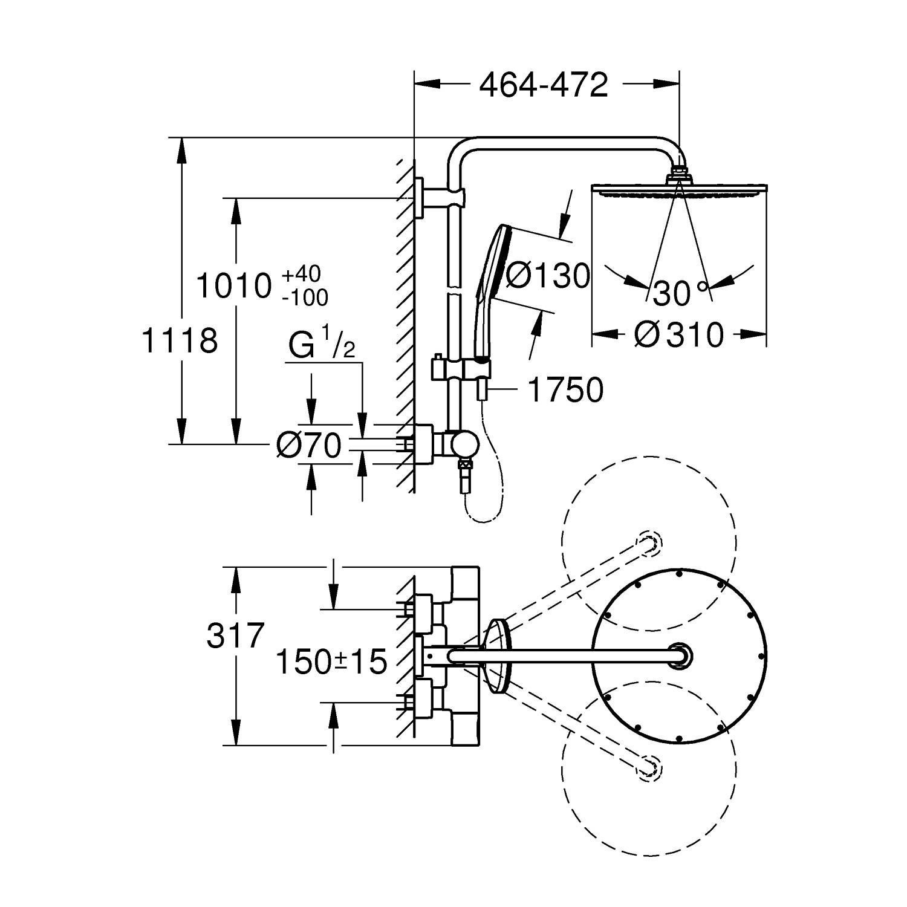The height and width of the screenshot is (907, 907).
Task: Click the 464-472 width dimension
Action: (x=543, y=85)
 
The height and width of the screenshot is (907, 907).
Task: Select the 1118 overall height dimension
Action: (x=179, y=340)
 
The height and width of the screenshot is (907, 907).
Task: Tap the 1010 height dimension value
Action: (x=233, y=286)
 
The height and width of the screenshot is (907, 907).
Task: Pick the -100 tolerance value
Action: (x=305, y=297)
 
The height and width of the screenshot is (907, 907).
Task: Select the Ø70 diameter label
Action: (x=308, y=446)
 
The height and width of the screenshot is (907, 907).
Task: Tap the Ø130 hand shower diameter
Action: (x=547, y=276)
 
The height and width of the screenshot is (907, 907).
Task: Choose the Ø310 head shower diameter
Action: (x=678, y=334)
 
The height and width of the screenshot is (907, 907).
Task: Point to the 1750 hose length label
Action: (x=565, y=390)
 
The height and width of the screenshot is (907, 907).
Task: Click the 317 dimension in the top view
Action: (x=236, y=636)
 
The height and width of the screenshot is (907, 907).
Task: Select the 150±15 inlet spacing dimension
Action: (x=331, y=662)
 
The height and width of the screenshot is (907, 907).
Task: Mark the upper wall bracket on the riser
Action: (x=438, y=197)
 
